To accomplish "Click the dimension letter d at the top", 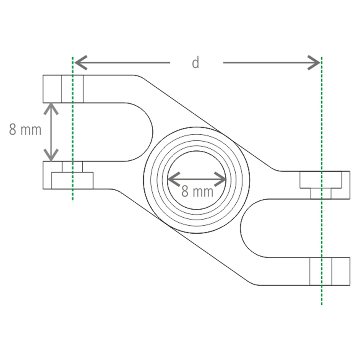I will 195,63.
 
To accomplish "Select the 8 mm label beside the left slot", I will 25,130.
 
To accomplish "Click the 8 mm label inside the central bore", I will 197,191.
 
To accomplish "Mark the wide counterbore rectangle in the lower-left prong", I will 72,180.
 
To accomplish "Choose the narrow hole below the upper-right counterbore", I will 321,193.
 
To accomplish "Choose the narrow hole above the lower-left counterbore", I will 72,166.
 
